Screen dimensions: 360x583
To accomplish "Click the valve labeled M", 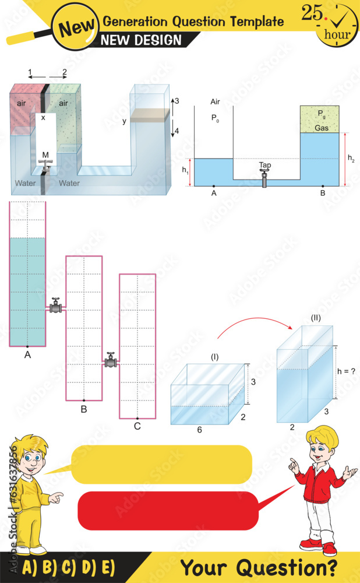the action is [45, 166].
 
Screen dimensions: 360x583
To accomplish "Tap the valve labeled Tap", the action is [264, 178].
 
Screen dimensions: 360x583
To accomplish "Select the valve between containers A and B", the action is [56, 306].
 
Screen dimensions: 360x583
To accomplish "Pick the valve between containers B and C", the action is [110, 360].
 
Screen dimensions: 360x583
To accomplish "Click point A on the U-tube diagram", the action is [214, 186].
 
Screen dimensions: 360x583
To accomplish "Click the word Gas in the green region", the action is [322, 128].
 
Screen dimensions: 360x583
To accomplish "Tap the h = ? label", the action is [346, 371].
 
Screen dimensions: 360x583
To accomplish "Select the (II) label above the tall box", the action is [315, 319].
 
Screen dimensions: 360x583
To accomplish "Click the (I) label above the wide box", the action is [214, 357].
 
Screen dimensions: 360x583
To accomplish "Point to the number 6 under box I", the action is [199, 430].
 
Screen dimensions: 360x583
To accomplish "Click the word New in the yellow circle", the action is [76, 27].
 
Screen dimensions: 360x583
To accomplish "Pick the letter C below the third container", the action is [137, 426].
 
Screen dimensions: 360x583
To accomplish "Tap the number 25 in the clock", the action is [312, 13].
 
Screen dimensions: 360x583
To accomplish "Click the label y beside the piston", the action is [125, 121].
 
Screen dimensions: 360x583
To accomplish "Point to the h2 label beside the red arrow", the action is [351, 158].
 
